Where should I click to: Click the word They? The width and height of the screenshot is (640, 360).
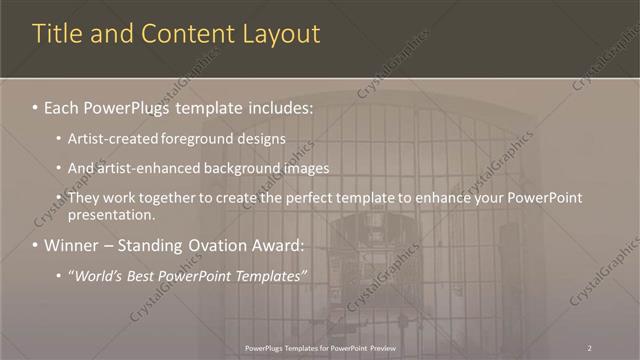pyautogui.click(x=84, y=198)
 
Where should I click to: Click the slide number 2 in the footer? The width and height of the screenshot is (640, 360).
pyautogui.click(x=589, y=347)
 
